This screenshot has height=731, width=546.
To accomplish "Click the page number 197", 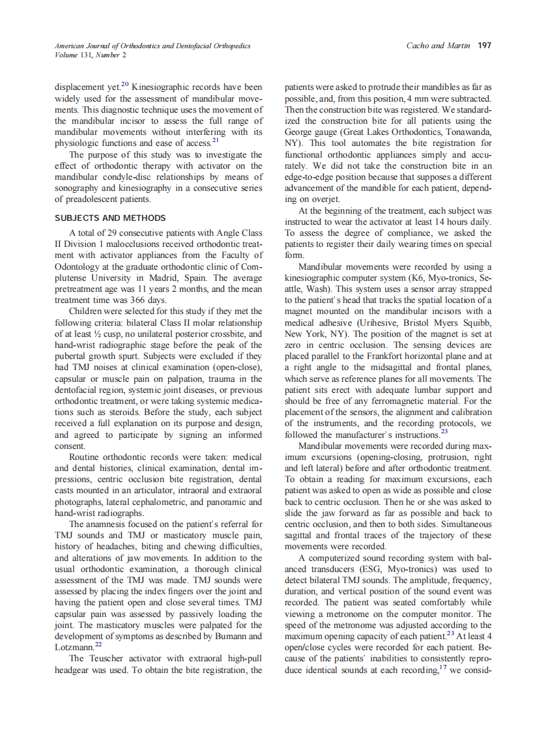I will [484, 46].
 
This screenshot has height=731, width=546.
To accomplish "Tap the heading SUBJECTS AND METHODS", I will [110, 218].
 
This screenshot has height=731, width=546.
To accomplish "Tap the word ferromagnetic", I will [387, 401].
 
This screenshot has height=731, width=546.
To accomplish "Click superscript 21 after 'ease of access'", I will [216, 140].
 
